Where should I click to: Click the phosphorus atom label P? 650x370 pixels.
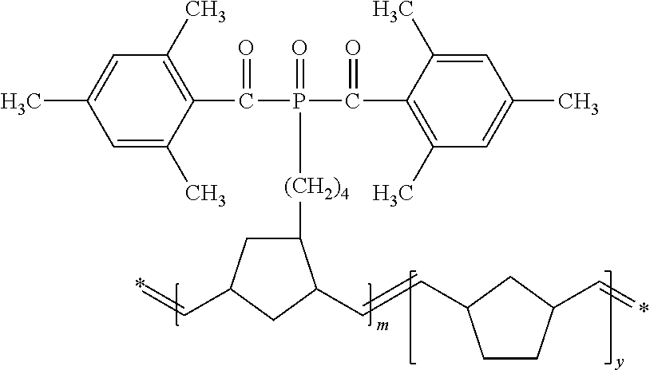tap(298, 102)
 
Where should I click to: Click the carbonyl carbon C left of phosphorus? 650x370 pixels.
tap(246, 102)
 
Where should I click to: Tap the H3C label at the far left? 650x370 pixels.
tap(20, 102)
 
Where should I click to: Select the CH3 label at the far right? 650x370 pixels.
tap(577, 102)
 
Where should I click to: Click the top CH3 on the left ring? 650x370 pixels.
tap(204, 15)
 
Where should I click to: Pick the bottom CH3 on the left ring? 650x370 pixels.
tap(204, 191)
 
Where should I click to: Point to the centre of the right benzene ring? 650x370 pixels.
tap(459, 101)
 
